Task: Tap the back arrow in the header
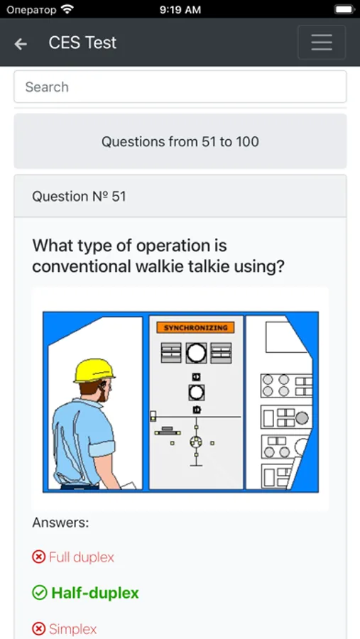click(x=21, y=44)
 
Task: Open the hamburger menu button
click(x=322, y=43)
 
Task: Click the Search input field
click(x=180, y=87)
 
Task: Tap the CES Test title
click(x=82, y=43)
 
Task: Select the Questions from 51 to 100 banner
click(x=180, y=141)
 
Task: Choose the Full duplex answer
click(x=82, y=557)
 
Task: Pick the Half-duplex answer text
click(x=95, y=593)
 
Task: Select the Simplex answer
click(x=73, y=629)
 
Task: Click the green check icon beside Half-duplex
click(x=40, y=594)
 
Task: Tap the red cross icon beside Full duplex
click(x=39, y=557)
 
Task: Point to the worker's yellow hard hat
click(x=94, y=371)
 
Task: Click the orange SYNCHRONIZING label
click(x=196, y=327)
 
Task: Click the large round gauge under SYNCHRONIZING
click(x=196, y=352)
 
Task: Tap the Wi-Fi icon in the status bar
click(x=67, y=9)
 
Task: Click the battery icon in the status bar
click(x=344, y=9)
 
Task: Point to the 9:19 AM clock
click(x=180, y=10)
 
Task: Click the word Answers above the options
click(x=60, y=523)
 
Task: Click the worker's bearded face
click(x=104, y=390)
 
